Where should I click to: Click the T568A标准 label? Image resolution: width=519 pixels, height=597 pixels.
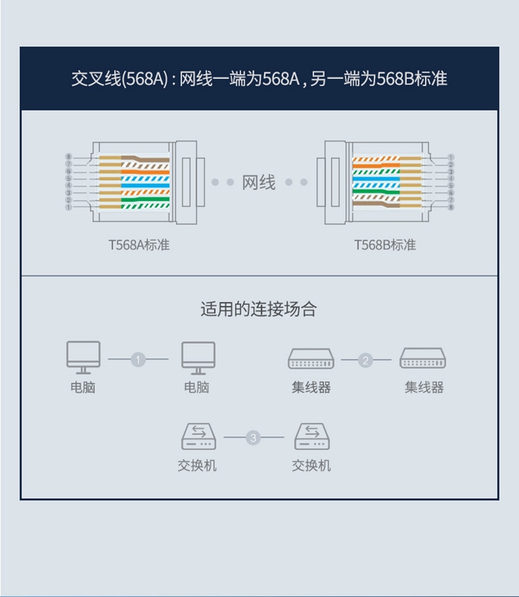[x=138, y=245]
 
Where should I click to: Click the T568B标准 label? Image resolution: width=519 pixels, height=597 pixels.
[x=385, y=245]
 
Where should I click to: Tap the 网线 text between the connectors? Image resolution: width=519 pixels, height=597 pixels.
[x=259, y=183]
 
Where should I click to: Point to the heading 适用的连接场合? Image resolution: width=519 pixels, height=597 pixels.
[x=259, y=309]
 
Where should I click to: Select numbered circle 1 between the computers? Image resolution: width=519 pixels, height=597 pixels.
[x=138, y=360]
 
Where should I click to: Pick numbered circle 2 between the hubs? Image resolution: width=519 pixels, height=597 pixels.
[x=366, y=360]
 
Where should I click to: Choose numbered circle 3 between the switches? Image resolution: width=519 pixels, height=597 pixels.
[x=253, y=438]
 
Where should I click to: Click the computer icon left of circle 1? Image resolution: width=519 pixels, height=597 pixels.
[x=83, y=357]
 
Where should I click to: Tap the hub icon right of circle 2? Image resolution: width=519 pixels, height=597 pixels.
[x=424, y=358]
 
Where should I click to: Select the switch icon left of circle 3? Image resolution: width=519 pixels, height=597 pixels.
[x=198, y=437]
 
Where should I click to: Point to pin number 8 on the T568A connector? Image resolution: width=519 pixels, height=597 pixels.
[x=69, y=158]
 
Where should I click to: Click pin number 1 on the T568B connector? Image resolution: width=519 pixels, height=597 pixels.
[x=451, y=158]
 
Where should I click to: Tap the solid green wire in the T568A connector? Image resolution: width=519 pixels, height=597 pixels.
[x=138, y=201]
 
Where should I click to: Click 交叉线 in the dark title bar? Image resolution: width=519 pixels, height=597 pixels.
[x=89, y=79]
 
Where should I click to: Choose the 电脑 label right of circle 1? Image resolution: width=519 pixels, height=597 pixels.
[x=197, y=387]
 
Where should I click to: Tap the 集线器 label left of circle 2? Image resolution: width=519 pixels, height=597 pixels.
[x=311, y=387]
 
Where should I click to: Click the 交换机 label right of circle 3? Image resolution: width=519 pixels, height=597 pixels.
[x=311, y=466]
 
